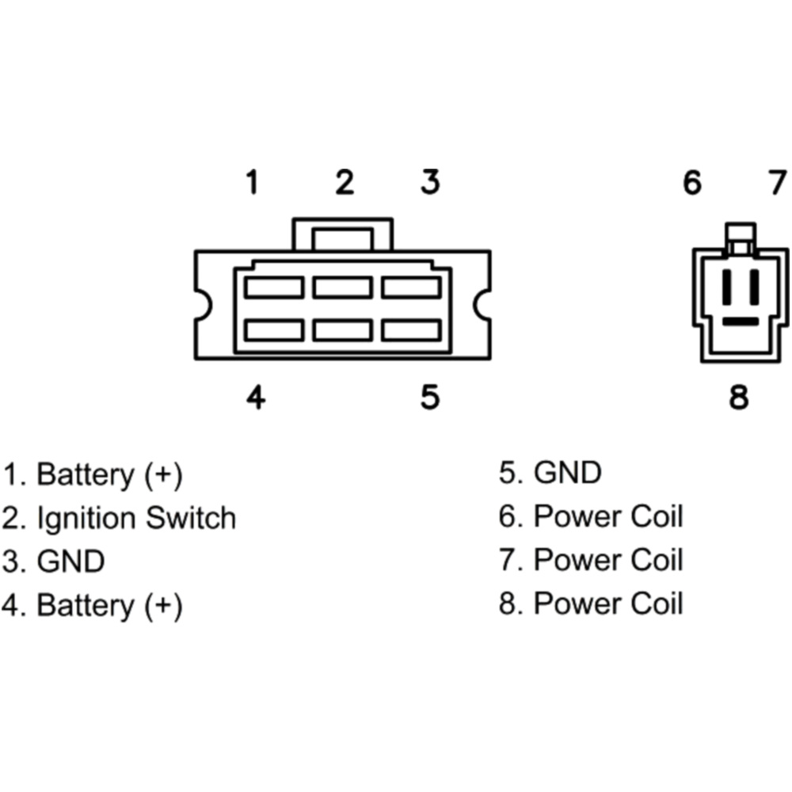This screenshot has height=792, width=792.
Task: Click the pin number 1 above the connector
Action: tap(252, 183)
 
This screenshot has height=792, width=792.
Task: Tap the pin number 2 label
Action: tap(344, 183)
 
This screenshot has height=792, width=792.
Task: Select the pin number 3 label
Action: tap(429, 183)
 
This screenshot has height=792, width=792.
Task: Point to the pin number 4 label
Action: tap(254, 397)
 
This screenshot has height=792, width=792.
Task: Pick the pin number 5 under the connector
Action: tap(429, 397)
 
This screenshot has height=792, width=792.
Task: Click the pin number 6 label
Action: tap(692, 183)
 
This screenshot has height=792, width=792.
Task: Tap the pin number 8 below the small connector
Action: tap(738, 397)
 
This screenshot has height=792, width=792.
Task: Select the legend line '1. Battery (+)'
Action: tap(92, 475)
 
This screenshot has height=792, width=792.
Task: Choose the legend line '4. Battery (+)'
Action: tap(92, 606)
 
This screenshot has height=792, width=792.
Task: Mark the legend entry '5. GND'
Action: tap(550, 474)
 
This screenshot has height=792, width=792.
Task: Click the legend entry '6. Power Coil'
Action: tap(590, 517)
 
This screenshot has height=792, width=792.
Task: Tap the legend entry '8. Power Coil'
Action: tap(590, 604)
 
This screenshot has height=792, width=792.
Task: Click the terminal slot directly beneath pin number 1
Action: tap(273, 287)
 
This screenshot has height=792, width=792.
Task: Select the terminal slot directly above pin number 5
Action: tap(410, 329)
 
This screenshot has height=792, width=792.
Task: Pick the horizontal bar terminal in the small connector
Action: tap(740, 322)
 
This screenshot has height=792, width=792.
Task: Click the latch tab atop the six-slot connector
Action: tap(342, 235)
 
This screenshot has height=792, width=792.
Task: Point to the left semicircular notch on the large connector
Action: tap(202, 305)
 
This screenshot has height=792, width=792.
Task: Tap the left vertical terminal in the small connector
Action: tap(728, 287)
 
